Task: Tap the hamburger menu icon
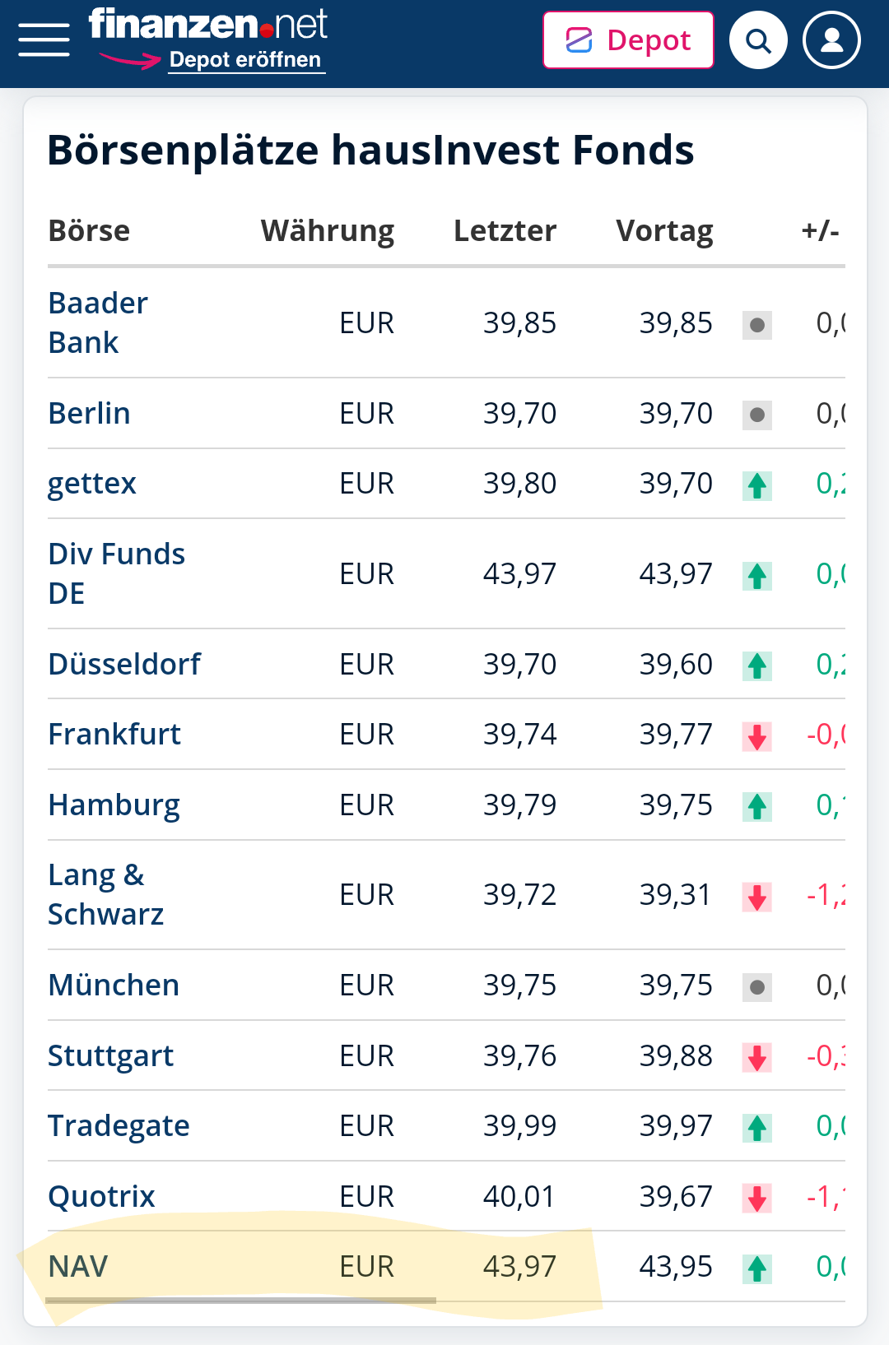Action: (44, 39)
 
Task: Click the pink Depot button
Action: (628, 40)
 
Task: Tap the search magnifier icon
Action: (758, 40)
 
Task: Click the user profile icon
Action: (831, 40)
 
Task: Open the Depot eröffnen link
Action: (245, 60)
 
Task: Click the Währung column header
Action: (327, 231)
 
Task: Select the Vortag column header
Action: (664, 231)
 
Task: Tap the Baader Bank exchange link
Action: (98, 322)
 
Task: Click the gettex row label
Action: (92, 484)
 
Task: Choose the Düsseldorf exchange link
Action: (124, 664)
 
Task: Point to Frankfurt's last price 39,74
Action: (519, 734)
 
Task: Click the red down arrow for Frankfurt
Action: (757, 735)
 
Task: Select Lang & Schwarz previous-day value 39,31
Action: (675, 894)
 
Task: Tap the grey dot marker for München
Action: (757, 986)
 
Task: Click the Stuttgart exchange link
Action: (111, 1055)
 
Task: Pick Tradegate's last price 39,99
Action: (519, 1125)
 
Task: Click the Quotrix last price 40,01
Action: (519, 1196)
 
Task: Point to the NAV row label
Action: (78, 1266)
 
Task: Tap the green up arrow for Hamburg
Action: (757, 806)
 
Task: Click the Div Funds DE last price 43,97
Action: (519, 573)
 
